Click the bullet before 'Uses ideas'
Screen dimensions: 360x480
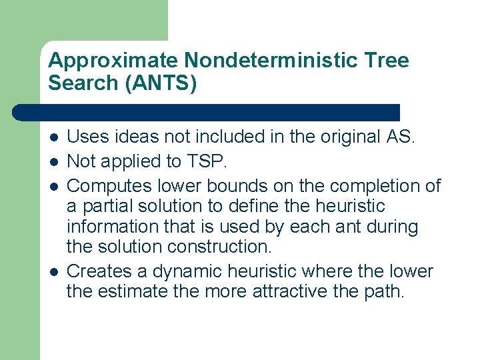coord(53,138)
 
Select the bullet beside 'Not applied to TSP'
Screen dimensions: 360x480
coord(53,161)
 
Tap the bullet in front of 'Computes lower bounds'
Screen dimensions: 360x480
coord(53,185)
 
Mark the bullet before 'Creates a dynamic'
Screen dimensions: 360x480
coord(53,272)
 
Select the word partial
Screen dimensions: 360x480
coord(104,207)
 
